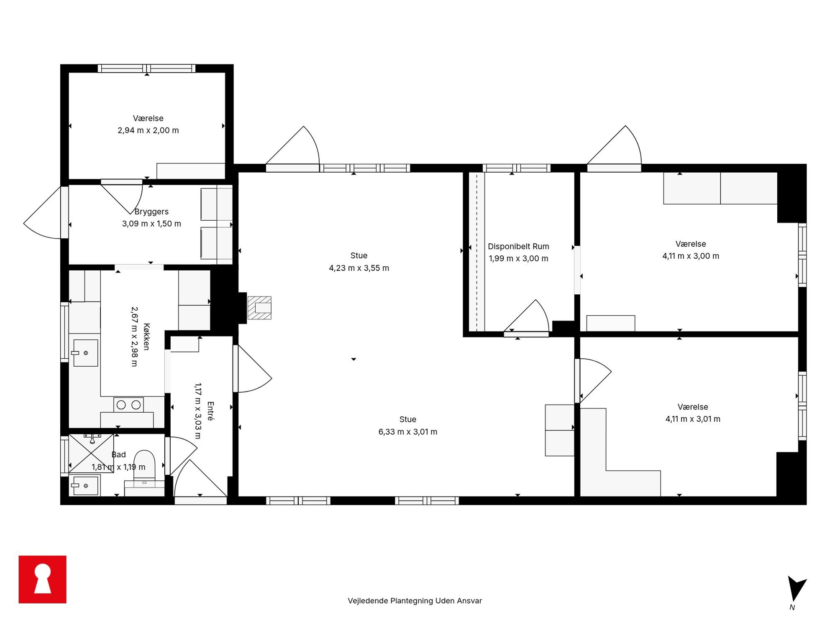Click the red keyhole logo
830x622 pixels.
[42, 579]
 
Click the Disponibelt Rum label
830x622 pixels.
[518, 247]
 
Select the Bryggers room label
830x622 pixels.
[151, 212]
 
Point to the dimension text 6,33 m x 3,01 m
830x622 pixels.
[408, 432]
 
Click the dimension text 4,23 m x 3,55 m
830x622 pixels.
[359, 268]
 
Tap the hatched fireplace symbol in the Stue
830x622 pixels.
[259, 308]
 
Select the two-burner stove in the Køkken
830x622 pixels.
[128, 405]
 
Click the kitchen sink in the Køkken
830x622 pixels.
[85, 353]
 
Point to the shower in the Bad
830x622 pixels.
[91, 454]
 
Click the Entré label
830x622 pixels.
[210, 410]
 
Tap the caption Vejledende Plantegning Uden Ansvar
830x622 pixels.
[415, 601]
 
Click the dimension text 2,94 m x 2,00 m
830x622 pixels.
[148, 130]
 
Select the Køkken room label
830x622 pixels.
[146, 336]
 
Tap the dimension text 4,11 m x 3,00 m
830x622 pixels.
[691, 256]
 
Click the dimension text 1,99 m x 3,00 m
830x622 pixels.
[518, 258]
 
